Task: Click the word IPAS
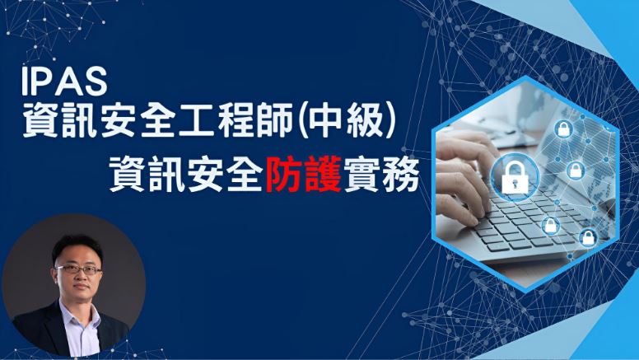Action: coord(64,82)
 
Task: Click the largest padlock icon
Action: coord(515,176)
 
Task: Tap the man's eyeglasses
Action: coord(79,269)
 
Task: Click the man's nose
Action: coord(79,278)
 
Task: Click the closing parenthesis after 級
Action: coord(390,121)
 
